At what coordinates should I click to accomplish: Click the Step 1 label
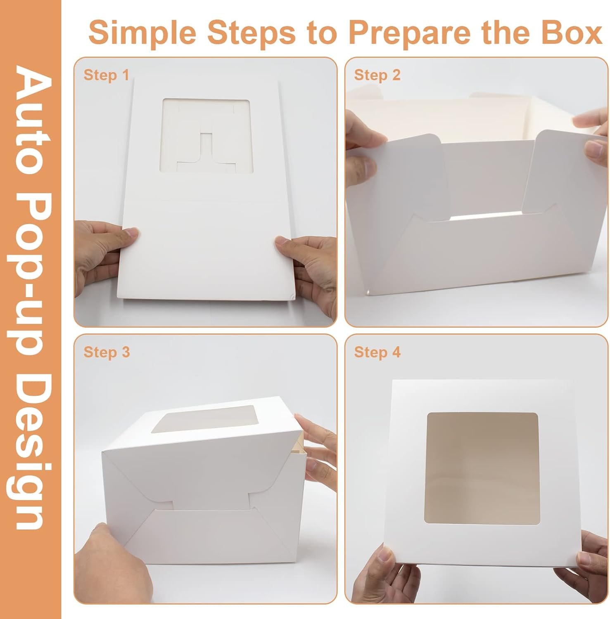106,75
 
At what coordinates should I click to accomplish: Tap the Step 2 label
377,75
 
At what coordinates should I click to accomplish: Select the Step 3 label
107,352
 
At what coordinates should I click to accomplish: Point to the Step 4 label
377,352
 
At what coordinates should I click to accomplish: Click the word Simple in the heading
142,33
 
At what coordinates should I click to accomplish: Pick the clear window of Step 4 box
482,468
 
